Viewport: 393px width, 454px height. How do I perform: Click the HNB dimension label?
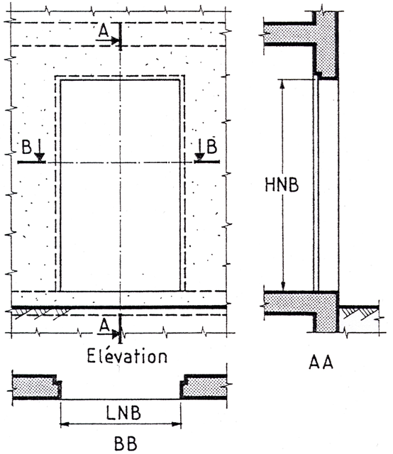282,184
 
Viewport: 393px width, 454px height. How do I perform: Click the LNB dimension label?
123,412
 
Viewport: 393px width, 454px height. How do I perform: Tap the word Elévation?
127,355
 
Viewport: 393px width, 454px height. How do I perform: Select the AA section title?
321,362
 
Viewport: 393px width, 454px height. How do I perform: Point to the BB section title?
126,443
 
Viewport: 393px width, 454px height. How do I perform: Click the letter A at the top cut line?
104,31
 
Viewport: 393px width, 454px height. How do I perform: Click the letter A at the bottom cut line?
104,326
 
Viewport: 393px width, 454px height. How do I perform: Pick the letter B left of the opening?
27,146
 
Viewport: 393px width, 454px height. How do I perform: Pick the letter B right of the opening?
211,146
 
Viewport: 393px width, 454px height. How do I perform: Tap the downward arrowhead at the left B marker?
40,157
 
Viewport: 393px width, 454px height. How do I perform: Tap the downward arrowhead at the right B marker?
199,157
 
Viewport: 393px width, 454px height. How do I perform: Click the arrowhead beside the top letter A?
116,40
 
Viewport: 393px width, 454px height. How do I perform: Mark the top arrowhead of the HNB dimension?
283,84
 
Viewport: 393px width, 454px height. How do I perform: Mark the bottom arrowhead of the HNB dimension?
283,286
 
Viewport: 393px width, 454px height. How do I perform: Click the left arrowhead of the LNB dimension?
65,424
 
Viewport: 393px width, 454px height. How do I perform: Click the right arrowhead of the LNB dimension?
177,424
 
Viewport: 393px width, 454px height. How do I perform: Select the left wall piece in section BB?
37,387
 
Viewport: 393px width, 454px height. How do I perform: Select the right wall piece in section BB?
204,387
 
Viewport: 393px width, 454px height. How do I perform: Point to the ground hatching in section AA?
359,314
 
